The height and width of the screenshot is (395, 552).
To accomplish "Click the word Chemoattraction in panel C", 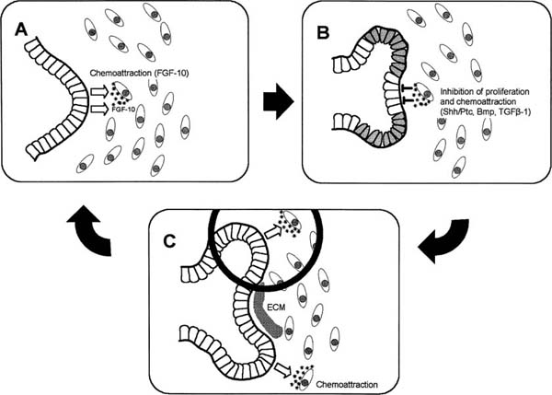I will [x=353, y=378].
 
